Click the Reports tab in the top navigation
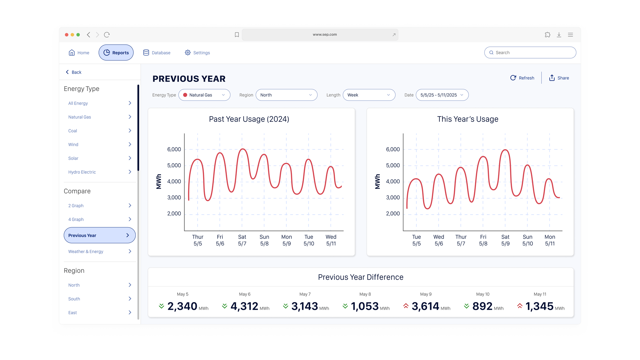tap(116, 53)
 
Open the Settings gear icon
tap(188, 53)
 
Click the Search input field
tap(533, 53)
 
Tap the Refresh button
tap(522, 78)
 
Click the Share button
tap(559, 78)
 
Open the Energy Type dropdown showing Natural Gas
tap(204, 95)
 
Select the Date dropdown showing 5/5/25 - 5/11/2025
tap(442, 95)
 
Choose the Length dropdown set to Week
tap(369, 95)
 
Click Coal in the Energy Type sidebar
tap(73, 131)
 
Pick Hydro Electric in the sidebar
tap(82, 172)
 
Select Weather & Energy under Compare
tap(86, 252)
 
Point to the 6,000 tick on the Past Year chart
tap(174, 149)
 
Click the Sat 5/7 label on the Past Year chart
tap(242, 240)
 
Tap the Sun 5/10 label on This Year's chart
tap(528, 240)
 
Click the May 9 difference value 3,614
tap(425, 307)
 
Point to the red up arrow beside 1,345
tap(520, 306)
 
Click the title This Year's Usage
tap(468, 119)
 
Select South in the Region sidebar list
tap(74, 299)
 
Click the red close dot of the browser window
tap(67, 35)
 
